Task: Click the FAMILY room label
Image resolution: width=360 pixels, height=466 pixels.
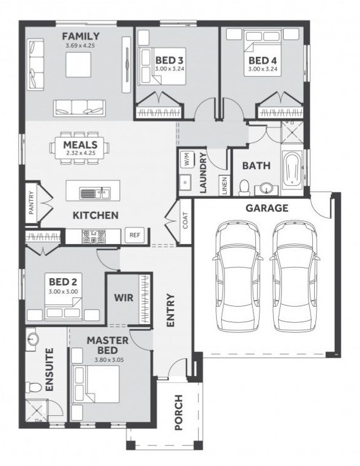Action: pyautogui.click(x=81, y=37)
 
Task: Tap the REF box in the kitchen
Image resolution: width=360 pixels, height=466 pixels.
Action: pyautogui.click(x=134, y=235)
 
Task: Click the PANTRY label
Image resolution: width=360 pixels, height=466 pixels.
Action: pyautogui.click(x=32, y=203)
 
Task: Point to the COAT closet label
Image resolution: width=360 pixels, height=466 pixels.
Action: pyautogui.click(x=185, y=220)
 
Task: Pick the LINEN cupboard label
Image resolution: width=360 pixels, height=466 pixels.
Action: pyautogui.click(x=224, y=185)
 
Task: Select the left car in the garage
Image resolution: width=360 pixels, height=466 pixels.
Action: pyautogui.click(x=237, y=276)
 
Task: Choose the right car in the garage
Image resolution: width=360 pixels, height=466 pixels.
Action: pyautogui.click(x=295, y=276)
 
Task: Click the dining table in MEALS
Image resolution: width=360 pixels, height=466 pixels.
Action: pyautogui.click(x=79, y=148)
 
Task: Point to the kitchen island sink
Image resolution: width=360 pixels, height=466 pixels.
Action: pyautogui.click(x=95, y=193)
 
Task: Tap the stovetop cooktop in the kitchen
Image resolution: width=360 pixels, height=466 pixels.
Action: pyautogui.click(x=94, y=237)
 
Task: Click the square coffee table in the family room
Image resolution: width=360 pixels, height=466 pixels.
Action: pyautogui.click(x=78, y=64)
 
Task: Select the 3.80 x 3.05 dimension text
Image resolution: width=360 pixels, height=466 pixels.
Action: pyautogui.click(x=109, y=359)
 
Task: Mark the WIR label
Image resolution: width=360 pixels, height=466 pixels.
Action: pyautogui.click(x=124, y=297)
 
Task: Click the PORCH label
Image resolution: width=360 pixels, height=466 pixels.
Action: pyautogui.click(x=178, y=412)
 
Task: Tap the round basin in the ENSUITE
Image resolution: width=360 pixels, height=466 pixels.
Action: pyautogui.click(x=32, y=340)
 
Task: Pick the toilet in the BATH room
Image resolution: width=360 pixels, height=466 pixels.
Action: pyautogui.click(x=245, y=188)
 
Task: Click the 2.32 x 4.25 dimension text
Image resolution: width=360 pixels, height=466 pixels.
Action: pyautogui.click(x=81, y=154)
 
